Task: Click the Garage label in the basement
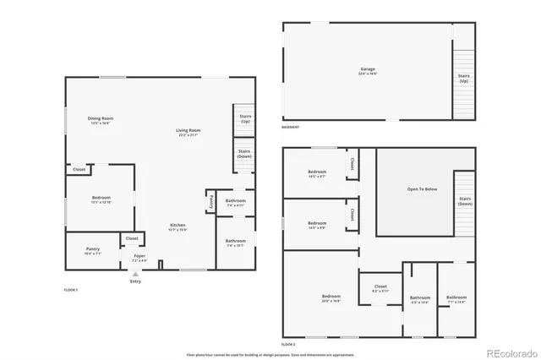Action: click(x=366, y=71)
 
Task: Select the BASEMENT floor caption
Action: click(x=291, y=127)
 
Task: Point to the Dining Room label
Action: click(x=101, y=119)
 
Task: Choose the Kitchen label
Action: click(x=176, y=226)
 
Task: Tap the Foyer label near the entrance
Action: click(x=139, y=258)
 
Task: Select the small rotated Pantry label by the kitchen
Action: click(x=210, y=201)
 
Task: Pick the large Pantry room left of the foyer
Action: click(x=93, y=250)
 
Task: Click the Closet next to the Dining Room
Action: click(x=79, y=170)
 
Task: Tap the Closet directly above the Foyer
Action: click(x=132, y=239)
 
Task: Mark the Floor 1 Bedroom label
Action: click(x=100, y=199)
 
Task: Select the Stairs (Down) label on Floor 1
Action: click(x=243, y=155)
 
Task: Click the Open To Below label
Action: click(x=422, y=188)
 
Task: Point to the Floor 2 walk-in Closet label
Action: click(x=380, y=288)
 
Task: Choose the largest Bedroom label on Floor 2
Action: click(x=331, y=297)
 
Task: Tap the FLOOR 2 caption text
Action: click(x=288, y=345)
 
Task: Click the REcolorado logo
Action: click(x=509, y=352)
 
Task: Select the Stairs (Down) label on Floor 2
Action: click(x=464, y=201)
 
